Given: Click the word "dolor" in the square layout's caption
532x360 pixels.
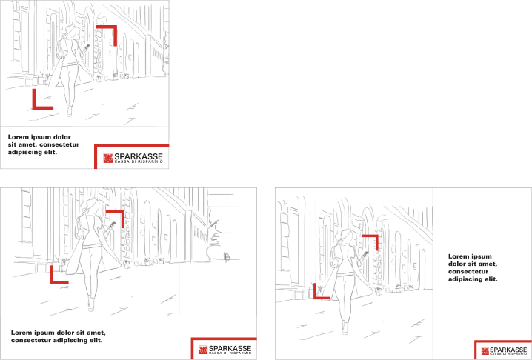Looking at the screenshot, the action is coord(62,137).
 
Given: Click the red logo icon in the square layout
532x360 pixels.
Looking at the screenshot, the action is coord(108,158).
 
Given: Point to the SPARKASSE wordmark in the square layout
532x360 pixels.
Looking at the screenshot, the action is coord(139,157).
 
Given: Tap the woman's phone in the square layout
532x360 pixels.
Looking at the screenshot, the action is coord(87,47).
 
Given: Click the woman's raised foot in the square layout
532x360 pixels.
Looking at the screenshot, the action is coord(69,111).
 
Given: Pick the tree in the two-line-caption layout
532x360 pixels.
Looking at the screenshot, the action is coord(214,235).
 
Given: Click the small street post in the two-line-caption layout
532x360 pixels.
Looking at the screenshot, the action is coord(227,257).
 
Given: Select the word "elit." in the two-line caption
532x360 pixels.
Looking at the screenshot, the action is coord(96,340).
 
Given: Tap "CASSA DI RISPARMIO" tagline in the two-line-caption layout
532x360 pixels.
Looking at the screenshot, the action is coord(230,353).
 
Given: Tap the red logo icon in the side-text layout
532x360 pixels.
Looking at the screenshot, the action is coord(485,351).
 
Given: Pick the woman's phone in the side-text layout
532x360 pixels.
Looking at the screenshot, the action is coord(366,254).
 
